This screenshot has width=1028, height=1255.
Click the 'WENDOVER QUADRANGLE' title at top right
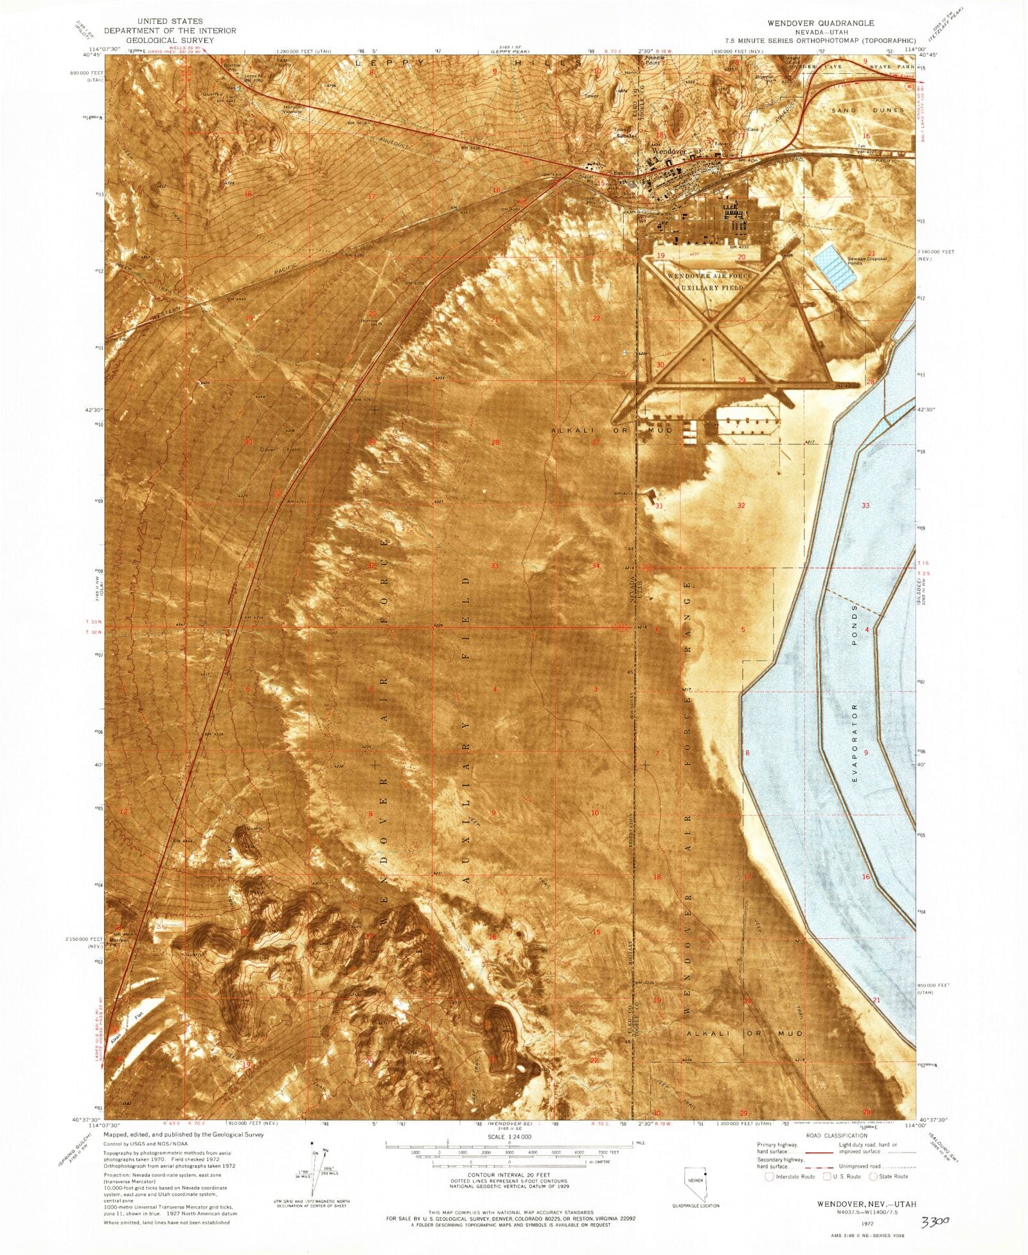(820, 22)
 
